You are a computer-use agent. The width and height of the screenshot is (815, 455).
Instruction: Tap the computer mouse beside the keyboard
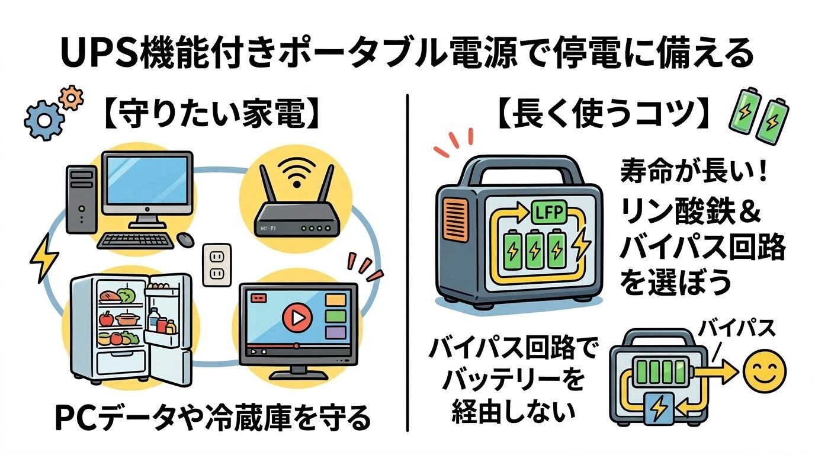coord(186,239)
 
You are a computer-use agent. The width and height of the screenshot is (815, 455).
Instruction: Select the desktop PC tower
coord(81,198)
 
